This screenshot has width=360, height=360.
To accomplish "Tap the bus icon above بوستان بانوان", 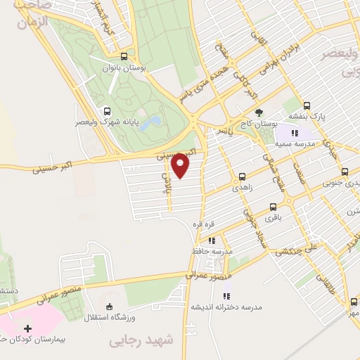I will pos(125,58).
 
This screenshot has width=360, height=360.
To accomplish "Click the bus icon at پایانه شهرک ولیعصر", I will pos(107,110).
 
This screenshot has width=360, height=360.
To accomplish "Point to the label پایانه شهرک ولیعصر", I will pos(106,122).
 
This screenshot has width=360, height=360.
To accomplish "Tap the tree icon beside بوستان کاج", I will pos(259,112).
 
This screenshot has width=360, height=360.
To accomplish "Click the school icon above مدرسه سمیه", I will pos(295,132).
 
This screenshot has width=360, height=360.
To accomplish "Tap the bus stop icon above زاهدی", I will pos(243,176).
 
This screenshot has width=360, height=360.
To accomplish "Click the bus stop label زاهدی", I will pos(242,188).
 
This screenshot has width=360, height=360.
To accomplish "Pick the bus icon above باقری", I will pos(274,207).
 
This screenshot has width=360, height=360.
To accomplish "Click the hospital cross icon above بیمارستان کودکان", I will pos(27,328).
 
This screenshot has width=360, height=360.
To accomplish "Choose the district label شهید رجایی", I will pos(141,341).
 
